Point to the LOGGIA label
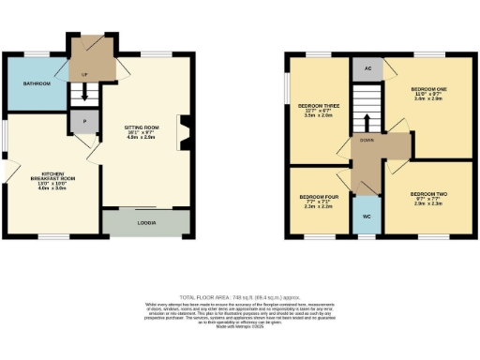146,223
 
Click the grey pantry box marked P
84,122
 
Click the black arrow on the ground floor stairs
84,94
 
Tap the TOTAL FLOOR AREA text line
240,296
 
